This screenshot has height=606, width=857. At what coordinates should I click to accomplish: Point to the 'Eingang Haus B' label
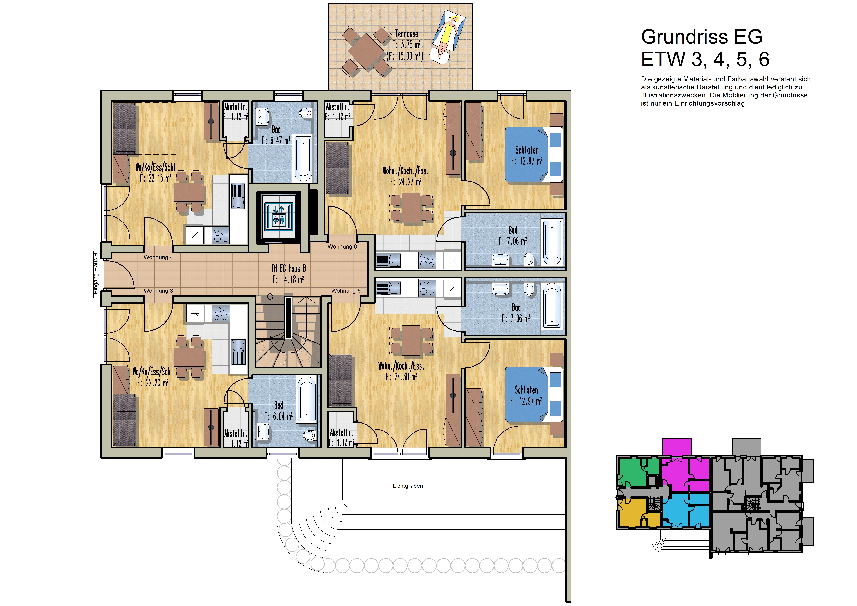coord(96,273)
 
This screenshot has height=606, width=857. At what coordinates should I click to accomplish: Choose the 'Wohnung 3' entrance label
coord(158,291)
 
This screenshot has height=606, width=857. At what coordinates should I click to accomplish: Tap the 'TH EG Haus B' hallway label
coord(289,268)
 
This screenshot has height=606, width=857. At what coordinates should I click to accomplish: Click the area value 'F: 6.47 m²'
coord(276,140)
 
